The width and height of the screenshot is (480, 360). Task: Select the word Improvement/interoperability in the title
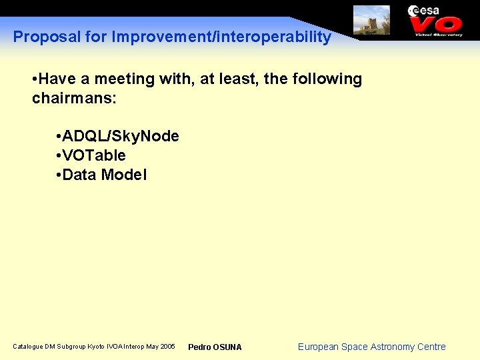(221, 37)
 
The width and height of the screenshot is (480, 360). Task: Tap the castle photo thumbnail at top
(371, 20)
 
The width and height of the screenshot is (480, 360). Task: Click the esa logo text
(424, 10)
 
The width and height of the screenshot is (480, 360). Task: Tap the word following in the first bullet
(326, 79)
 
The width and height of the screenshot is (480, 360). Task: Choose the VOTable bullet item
(93, 156)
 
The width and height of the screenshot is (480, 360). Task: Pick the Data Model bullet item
(104, 175)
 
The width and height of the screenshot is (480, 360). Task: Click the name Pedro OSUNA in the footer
(215, 347)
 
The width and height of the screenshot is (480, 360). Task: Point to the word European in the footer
(318, 347)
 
